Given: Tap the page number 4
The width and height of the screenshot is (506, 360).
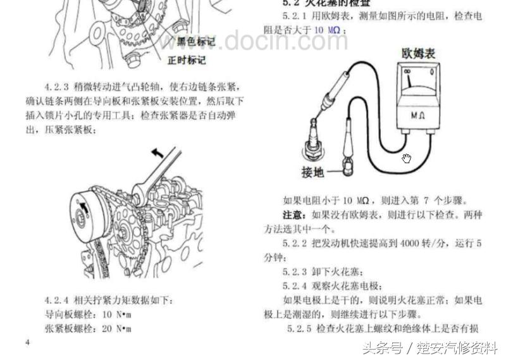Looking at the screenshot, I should pyautogui.click(x=27, y=342).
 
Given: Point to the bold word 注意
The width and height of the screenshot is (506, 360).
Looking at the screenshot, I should pyautogui.click(x=293, y=215).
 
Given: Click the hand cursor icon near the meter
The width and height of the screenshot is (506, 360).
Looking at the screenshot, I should pyautogui.click(x=407, y=158).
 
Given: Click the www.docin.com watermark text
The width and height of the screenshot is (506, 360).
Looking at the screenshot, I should pyautogui.click(x=253, y=40).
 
